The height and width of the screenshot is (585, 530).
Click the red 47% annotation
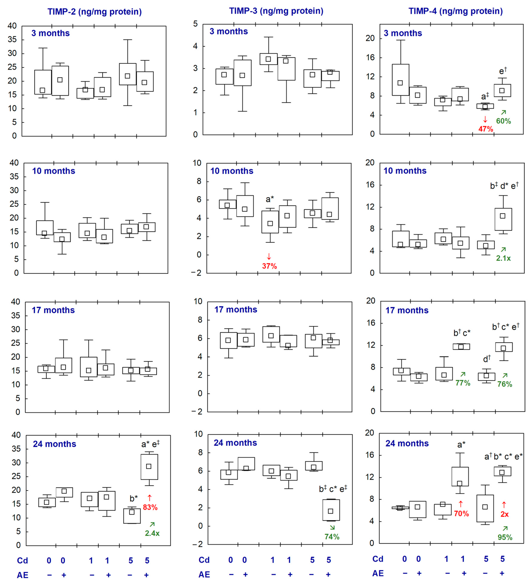(486, 129)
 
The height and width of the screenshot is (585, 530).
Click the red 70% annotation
(461, 513)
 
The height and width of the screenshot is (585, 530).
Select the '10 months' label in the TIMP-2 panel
(54, 171)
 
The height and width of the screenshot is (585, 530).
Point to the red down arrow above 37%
(269, 256)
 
